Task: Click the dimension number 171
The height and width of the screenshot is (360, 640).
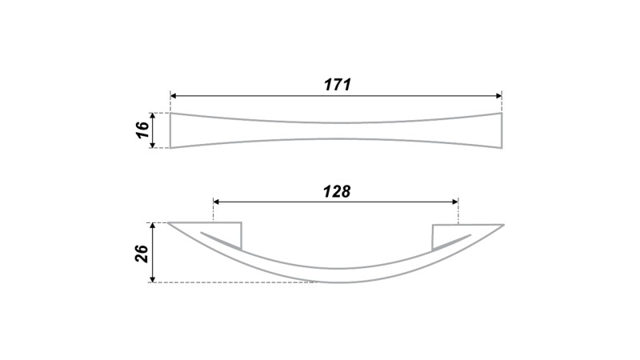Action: click(x=338, y=85)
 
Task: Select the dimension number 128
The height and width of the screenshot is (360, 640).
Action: click(x=337, y=191)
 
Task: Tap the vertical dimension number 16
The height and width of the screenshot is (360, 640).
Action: click(x=142, y=130)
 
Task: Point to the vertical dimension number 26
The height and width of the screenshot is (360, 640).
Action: click(x=142, y=254)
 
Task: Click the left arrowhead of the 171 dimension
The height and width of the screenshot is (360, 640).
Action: click(x=174, y=96)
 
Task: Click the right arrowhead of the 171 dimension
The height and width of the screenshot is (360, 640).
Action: click(x=498, y=96)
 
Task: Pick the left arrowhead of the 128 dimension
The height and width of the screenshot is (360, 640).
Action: click(x=217, y=202)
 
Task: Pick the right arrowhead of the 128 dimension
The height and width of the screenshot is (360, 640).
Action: click(x=455, y=202)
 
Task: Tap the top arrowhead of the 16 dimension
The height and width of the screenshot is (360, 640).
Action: click(x=153, y=116)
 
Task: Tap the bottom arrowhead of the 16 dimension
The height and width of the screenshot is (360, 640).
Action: click(x=153, y=144)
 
